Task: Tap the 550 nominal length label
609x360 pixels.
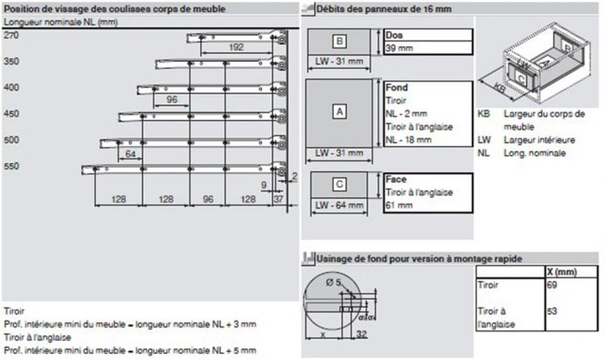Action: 11,165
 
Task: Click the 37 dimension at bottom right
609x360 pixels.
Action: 278,199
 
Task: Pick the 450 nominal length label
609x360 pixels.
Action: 11,113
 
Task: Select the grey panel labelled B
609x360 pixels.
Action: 339,41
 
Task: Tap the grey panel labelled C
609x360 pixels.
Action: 339,184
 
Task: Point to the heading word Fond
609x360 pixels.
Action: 397,88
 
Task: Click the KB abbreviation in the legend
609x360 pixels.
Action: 484,115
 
